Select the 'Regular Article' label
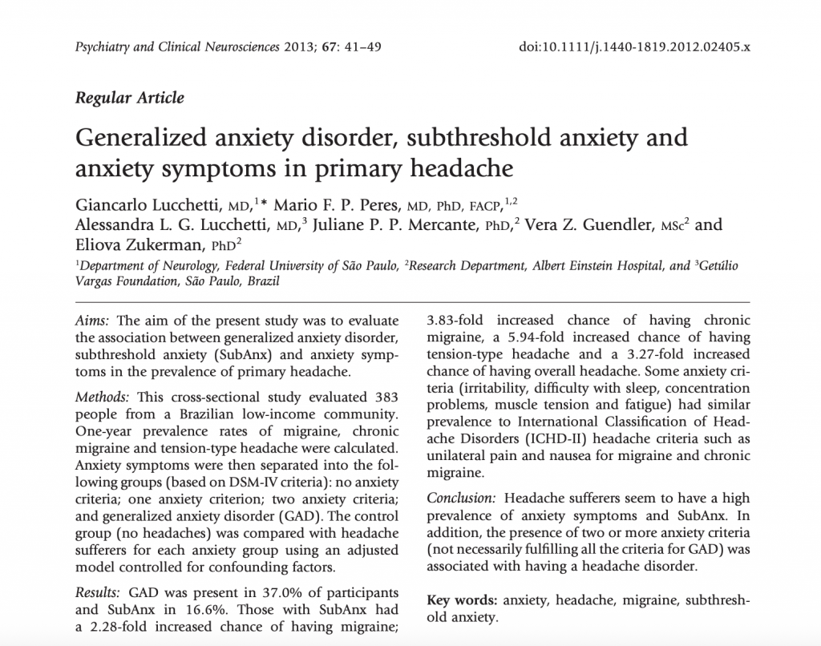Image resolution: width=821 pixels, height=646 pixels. tap(129, 99)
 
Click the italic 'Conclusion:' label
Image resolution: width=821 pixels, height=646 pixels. tap(462, 497)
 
